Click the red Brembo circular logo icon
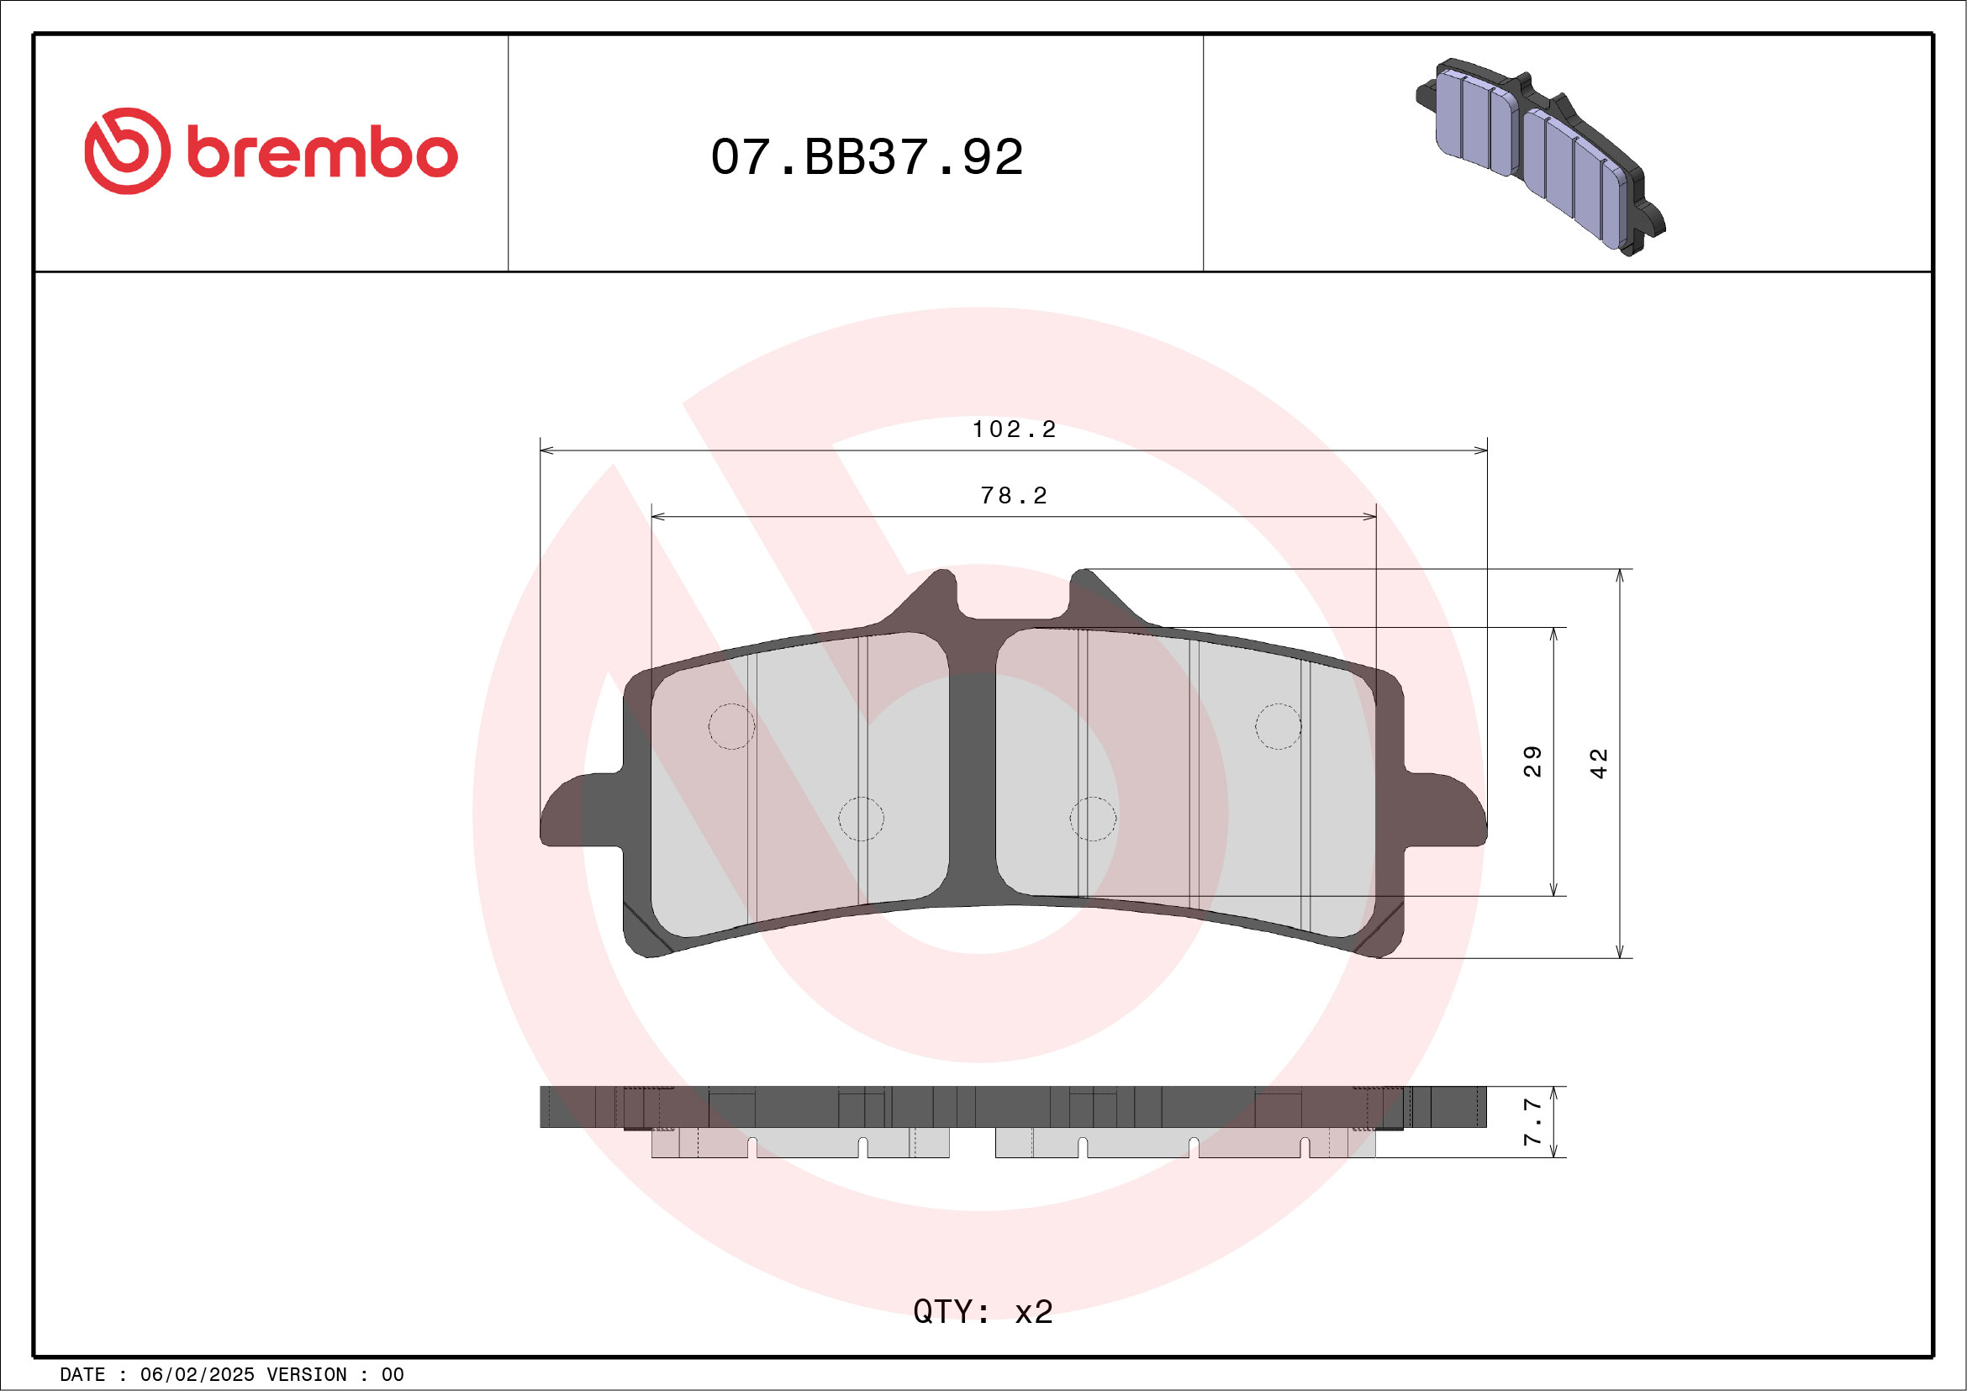(x=127, y=150)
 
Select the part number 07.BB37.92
(x=866, y=156)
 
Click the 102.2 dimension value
(x=1014, y=429)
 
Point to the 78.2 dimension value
(x=1014, y=496)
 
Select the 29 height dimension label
(x=1532, y=761)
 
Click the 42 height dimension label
(x=1599, y=763)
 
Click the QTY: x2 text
(x=983, y=1311)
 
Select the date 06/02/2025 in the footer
(x=197, y=1375)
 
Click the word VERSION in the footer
(x=307, y=1375)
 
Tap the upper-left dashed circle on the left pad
(x=731, y=726)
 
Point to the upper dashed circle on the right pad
(x=1279, y=726)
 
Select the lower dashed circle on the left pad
(x=861, y=818)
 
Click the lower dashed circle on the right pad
(x=1093, y=818)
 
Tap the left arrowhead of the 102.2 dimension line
(x=546, y=450)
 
